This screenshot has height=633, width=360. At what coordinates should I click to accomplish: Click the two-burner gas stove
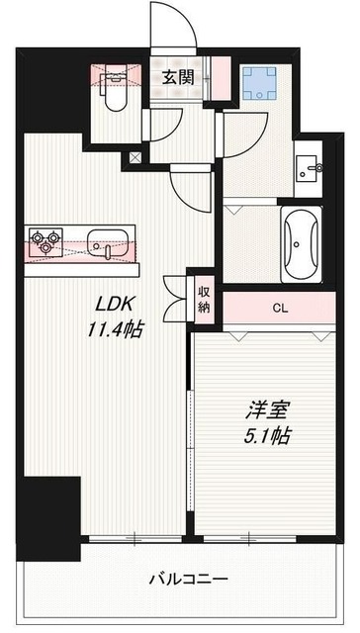coord(45,240)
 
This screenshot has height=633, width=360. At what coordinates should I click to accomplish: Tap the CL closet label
coord(281,308)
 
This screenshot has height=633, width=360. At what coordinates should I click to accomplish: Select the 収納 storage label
coord(204,300)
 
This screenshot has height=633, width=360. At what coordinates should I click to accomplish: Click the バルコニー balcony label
coord(190,578)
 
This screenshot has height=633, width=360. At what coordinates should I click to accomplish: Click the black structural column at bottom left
coord(51,513)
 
